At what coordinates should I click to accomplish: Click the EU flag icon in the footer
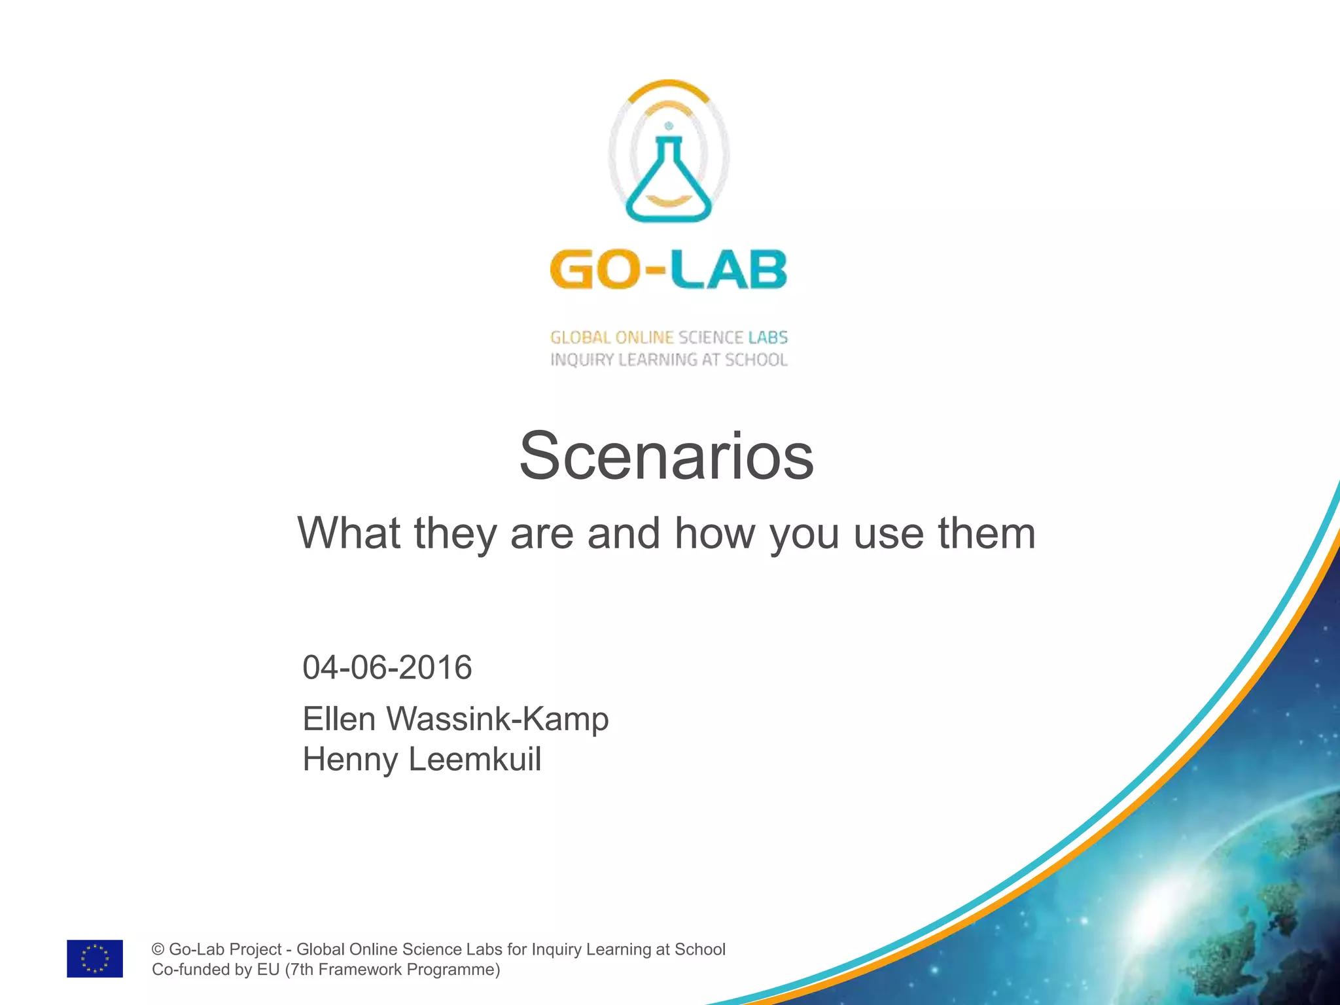tap(95, 959)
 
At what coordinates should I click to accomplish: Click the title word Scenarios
tap(666, 456)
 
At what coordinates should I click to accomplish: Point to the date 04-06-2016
tap(387, 667)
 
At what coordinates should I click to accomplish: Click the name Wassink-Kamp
tap(497, 719)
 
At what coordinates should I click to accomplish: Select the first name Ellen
tap(338, 719)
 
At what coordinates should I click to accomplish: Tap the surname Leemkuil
tap(475, 760)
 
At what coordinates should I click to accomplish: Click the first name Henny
tap(350, 760)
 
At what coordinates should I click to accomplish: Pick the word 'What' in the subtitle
tap(349, 533)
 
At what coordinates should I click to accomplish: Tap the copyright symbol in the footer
tap(158, 949)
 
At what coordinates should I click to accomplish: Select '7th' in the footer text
tap(301, 970)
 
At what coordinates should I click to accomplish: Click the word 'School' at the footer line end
tap(700, 949)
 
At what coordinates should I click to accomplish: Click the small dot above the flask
tap(668, 126)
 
